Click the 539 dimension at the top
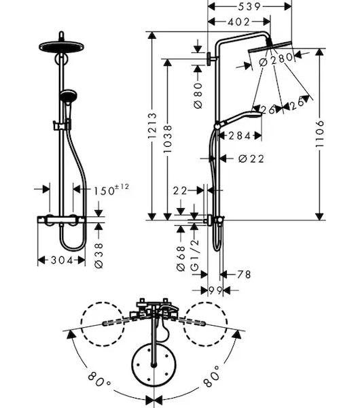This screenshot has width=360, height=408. click(x=249, y=7)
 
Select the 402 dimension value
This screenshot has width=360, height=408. click(x=239, y=22)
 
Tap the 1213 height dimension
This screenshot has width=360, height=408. click(x=152, y=125)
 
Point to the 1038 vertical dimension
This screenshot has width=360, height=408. click(x=168, y=139)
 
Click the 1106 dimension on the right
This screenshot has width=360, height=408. click(x=319, y=134)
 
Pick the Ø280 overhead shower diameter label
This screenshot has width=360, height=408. click(x=276, y=59)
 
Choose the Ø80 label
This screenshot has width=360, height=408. click(x=198, y=95)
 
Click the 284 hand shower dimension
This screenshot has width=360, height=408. click(x=239, y=135)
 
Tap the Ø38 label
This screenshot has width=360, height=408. click(x=98, y=256)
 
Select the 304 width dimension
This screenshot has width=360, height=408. click(x=62, y=260)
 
